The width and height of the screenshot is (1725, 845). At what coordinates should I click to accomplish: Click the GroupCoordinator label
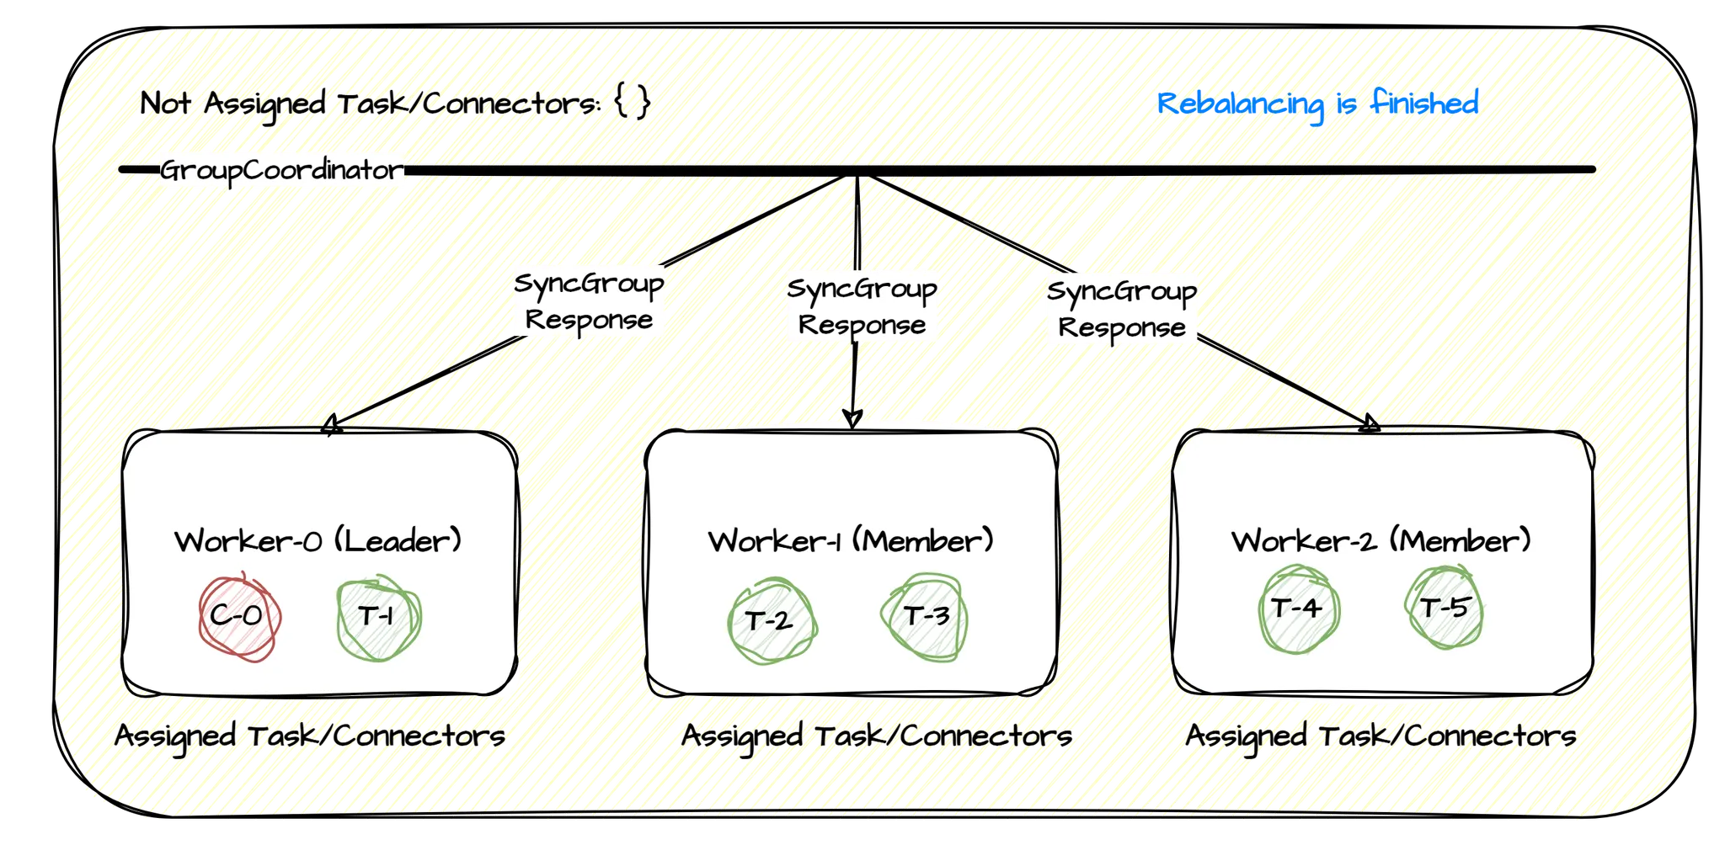[282, 170]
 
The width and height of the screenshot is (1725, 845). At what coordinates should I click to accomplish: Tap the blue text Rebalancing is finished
[1317, 104]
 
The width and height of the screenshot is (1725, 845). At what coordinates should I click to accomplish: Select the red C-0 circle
[238, 618]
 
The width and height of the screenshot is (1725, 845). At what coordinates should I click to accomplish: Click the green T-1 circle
[377, 618]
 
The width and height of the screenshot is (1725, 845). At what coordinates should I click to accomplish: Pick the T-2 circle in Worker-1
[770, 621]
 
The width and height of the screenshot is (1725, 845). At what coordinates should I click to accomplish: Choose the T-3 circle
[925, 617]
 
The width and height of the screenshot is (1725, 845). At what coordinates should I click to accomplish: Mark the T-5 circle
[1444, 608]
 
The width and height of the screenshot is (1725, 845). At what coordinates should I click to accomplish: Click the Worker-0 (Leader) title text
[318, 540]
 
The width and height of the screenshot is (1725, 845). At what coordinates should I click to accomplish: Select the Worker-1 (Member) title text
[851, 540]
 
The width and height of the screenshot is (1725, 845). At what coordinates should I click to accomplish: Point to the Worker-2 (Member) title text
[1381, 540]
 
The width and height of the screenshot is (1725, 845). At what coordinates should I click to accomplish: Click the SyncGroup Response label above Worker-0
[589, 301]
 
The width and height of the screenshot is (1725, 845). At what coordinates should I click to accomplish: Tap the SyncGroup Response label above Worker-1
[862, 306]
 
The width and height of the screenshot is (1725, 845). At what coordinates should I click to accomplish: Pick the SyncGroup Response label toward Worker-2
[1121, 309]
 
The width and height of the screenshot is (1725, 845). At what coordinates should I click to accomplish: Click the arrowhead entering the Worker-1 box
[852, 418]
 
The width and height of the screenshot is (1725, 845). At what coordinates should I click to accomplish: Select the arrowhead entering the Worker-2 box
[1370, 425]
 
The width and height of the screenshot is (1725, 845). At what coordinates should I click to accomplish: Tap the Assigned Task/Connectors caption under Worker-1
[876, 736]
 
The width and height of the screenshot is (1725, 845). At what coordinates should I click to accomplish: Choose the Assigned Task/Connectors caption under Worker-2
[1381, 736]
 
